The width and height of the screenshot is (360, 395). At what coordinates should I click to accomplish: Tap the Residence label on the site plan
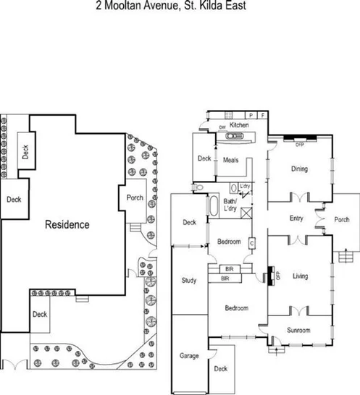click(67, 224)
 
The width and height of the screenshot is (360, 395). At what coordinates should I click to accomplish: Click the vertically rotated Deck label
click(26, 152)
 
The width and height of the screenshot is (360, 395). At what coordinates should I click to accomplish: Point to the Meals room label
click(231, 160)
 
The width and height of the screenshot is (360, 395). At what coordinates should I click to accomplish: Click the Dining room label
click(299, 169)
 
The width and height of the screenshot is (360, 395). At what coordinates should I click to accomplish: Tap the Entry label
click(296, 218)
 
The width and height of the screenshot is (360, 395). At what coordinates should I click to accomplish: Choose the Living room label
click(300, 276)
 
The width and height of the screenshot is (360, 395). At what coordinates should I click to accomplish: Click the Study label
click(189, 281)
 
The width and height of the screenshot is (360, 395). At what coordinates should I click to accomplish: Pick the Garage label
click(189, 356)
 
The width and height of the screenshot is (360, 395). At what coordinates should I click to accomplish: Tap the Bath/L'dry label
click(231, 205)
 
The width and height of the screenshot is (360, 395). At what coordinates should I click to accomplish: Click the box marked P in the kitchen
click(250, 115)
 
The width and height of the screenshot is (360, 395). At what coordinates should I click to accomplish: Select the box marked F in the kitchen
click(262, 115)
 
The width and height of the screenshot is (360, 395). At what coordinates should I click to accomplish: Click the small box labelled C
click(251, 244)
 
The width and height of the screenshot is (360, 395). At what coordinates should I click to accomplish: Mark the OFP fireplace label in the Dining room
click(299, 144)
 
